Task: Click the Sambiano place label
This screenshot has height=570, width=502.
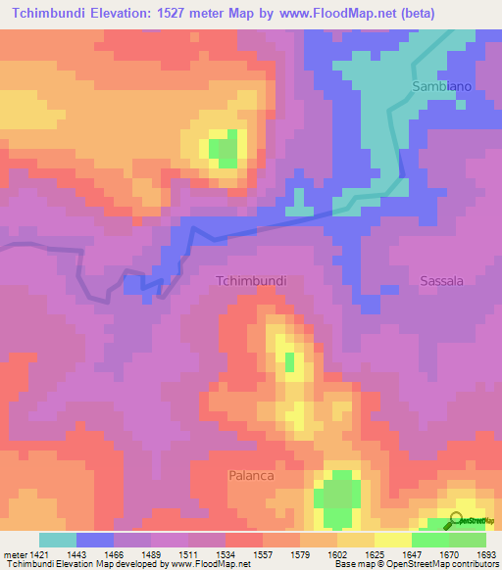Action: [x=441, y=86]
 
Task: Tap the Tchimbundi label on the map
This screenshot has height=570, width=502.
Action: [x=250, y=280]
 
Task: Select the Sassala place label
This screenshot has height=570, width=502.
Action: [x=441, y=280]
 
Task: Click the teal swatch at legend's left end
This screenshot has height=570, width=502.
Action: [x=57, y=540]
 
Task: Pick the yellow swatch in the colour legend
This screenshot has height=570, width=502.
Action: [x=392, y=540]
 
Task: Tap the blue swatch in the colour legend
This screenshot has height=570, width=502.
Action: [x=94, y=540]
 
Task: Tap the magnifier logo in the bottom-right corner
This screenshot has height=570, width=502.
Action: [x=457, y=519]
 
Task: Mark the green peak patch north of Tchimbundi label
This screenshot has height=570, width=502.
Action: [x=225, y=149]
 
